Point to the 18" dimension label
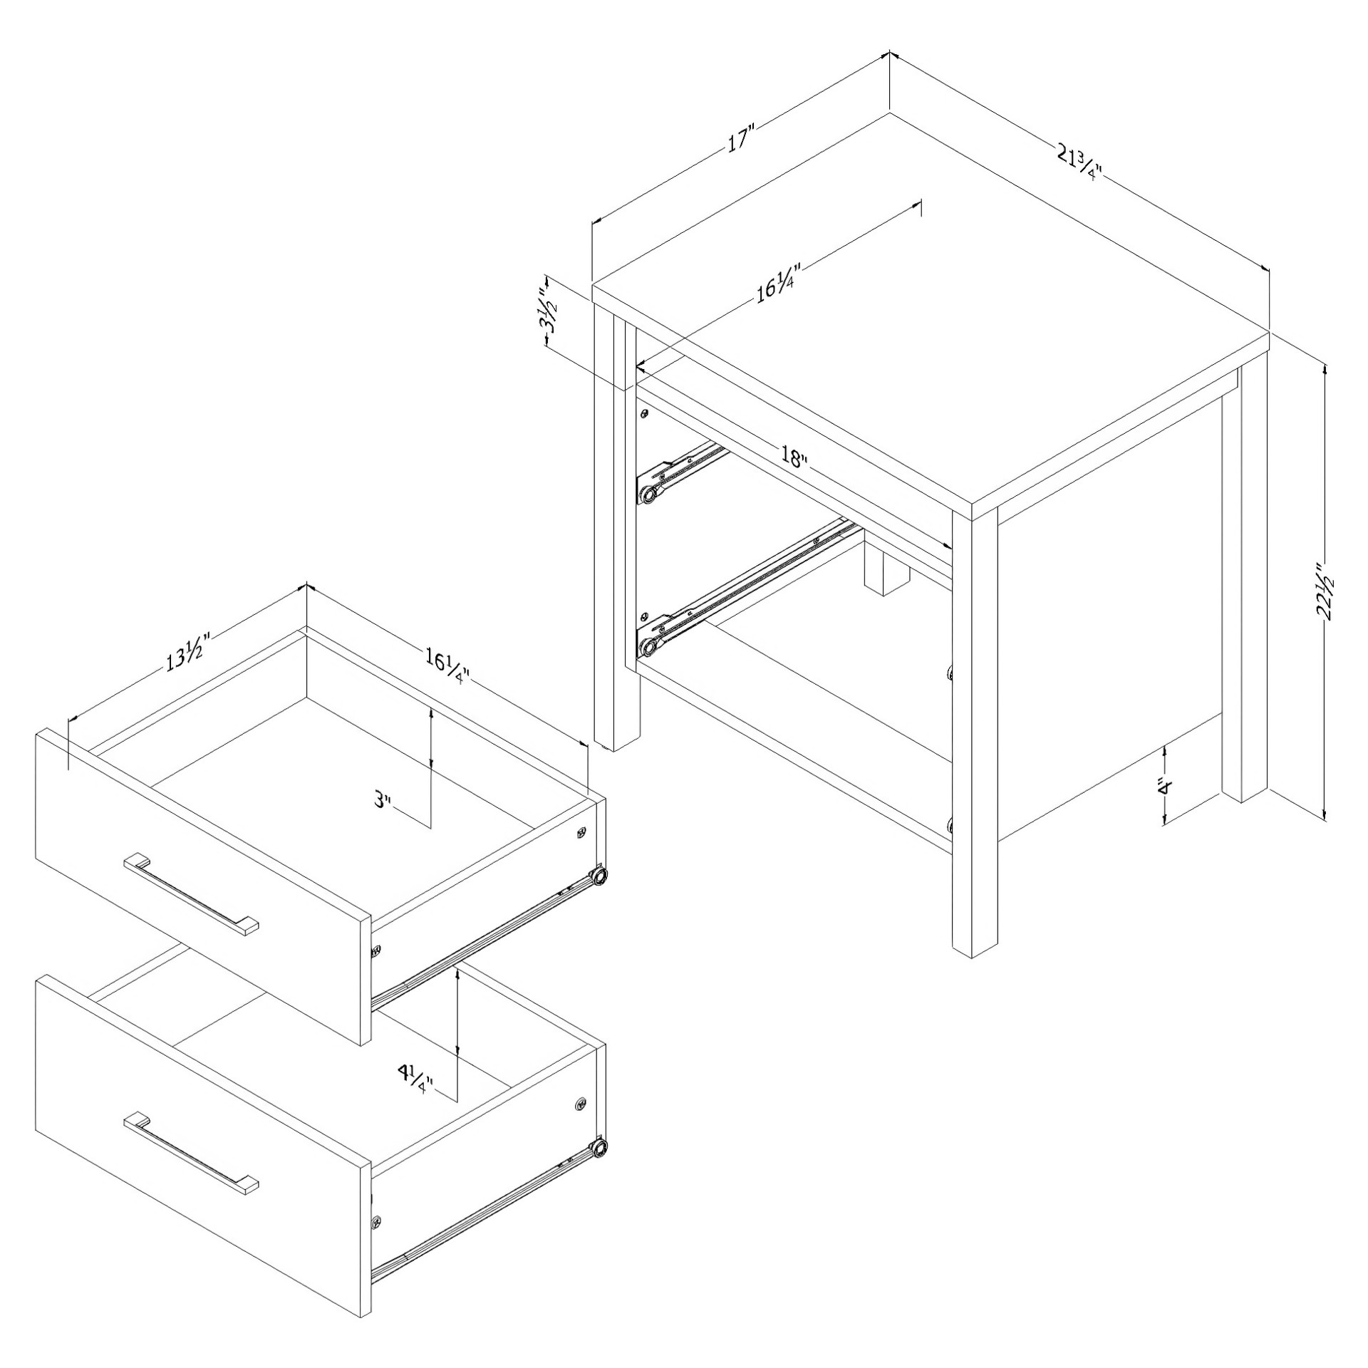pos(793,457)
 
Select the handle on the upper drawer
pos(191,894)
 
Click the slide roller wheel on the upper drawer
pos(600,875)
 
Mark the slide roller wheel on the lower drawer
pos(600,1146)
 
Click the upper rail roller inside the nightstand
pos(648,494)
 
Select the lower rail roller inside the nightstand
pos(648,648)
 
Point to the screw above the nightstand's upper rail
pos(644,413)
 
